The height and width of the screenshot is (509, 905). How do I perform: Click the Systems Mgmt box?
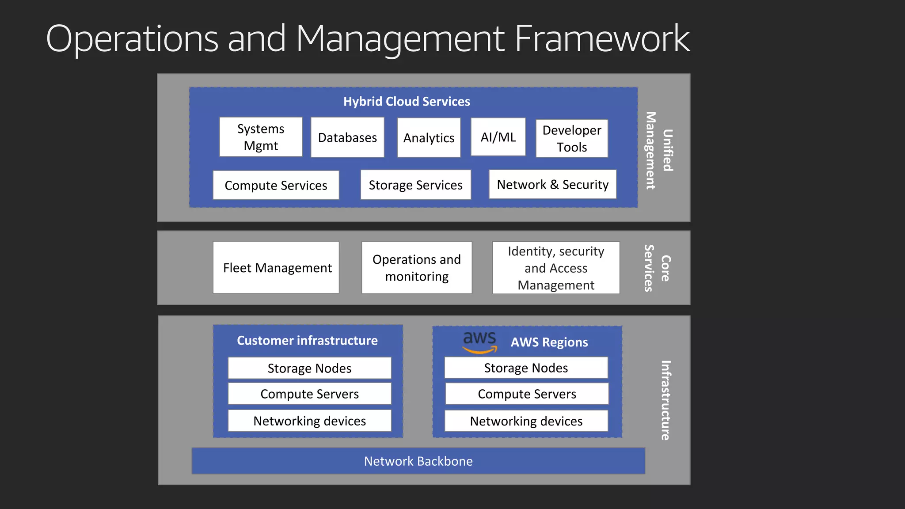tap(261, 137)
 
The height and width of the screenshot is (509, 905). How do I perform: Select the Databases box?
tap(347, 137)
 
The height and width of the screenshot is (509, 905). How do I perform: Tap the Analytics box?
tap(429, 138)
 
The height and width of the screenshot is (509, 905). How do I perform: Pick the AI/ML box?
tap(498, 137)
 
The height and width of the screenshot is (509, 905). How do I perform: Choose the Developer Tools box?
tap(572, 138)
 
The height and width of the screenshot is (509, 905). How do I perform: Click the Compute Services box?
tap(276, 185)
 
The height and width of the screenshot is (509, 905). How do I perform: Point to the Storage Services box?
tap(415, 185)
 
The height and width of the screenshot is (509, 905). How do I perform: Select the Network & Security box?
tap(552, 184)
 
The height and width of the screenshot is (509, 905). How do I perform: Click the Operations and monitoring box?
tap(417, 267)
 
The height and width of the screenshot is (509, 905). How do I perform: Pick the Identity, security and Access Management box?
tap(556, 268)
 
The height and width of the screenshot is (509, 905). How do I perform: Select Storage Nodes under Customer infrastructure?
tap(309, 368)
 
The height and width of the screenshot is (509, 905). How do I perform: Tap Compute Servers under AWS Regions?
tap(527, 394)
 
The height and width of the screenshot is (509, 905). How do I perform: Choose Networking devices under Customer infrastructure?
tap(309, 421)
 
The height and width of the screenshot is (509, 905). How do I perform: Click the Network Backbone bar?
tap(418, 461)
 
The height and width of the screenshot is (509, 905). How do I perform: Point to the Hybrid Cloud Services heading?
tap(407, 101)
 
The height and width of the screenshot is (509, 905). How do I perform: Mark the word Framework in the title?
tap(602, 39)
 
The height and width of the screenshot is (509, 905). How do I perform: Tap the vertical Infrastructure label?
tap(665, 400)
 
